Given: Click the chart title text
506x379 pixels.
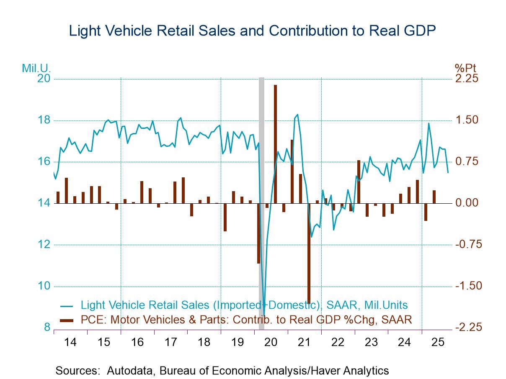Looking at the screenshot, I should (253, 31).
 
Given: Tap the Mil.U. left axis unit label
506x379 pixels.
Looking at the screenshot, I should (36, 68).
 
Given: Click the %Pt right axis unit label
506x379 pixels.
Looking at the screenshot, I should (465, 68).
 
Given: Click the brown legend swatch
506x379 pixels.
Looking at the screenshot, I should (67, 320).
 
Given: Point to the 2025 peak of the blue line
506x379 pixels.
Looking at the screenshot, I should (428, 123).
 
